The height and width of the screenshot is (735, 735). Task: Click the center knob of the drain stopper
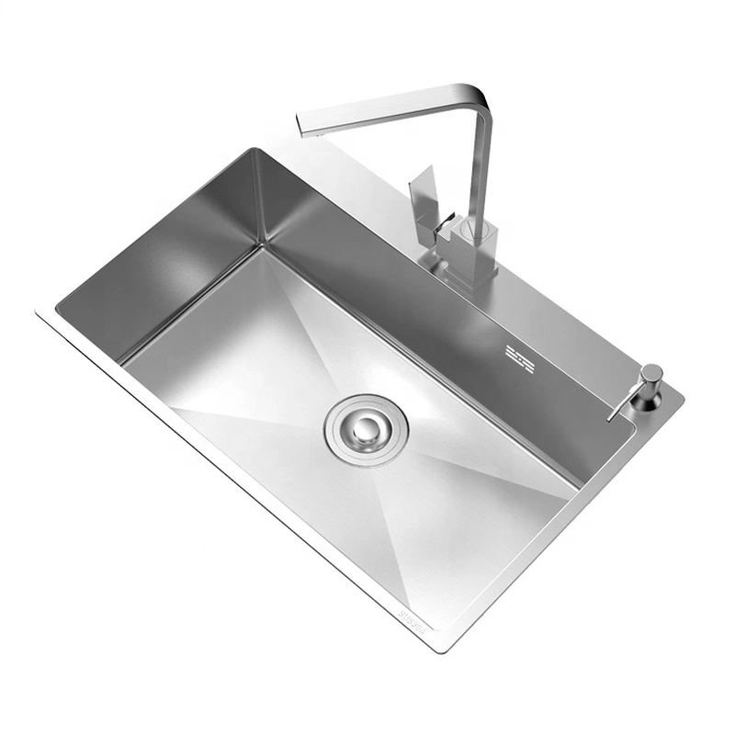coord(367,427)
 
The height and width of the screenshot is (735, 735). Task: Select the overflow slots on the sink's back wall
coord(519,358)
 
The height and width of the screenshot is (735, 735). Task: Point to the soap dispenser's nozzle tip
coord(611,419)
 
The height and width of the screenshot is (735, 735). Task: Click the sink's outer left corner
coord(39,312)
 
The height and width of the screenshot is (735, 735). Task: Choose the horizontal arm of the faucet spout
coord(386,107)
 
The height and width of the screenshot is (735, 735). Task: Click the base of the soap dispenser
coord(645,401)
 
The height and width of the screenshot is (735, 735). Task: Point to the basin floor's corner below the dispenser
coord(576,485)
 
